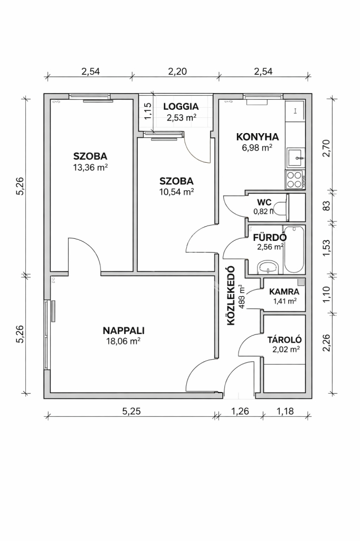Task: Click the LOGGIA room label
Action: pos(181,107)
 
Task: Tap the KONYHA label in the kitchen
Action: pos(258,137)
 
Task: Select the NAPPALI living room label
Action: pos(124,331)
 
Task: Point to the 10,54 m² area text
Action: pos(176,192)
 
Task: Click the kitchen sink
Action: pos(296,158)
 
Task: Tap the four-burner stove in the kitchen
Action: pos(294,180)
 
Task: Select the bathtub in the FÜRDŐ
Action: pos(294,249)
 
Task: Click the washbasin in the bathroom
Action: pos(268,267)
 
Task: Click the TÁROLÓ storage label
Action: pos(285,340)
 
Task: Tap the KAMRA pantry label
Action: pos(284,292)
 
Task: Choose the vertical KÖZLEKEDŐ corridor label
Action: pos(231,295)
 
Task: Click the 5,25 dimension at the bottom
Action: pos(132,411)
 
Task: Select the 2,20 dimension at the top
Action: pos(177,71)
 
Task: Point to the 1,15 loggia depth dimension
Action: pos(148,111)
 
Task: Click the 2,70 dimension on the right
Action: pos(326,148)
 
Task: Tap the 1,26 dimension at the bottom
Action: pos(240,411)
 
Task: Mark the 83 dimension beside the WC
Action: pos(326,206)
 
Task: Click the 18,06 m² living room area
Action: pos(124,342)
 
